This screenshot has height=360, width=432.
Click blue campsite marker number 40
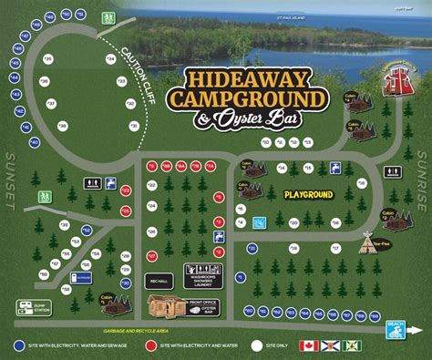(35, 141)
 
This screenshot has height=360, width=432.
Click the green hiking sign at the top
(108, 17)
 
